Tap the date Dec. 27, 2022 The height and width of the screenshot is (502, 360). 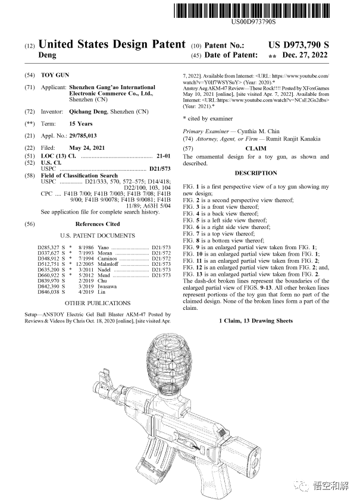coord(305,55)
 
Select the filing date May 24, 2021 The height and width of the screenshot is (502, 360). coord(91,147)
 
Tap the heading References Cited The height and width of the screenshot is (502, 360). coord(97,224)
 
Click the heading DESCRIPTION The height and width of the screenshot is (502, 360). coord(256,173)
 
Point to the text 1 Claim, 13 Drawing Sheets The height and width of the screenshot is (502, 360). coord(255,321)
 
